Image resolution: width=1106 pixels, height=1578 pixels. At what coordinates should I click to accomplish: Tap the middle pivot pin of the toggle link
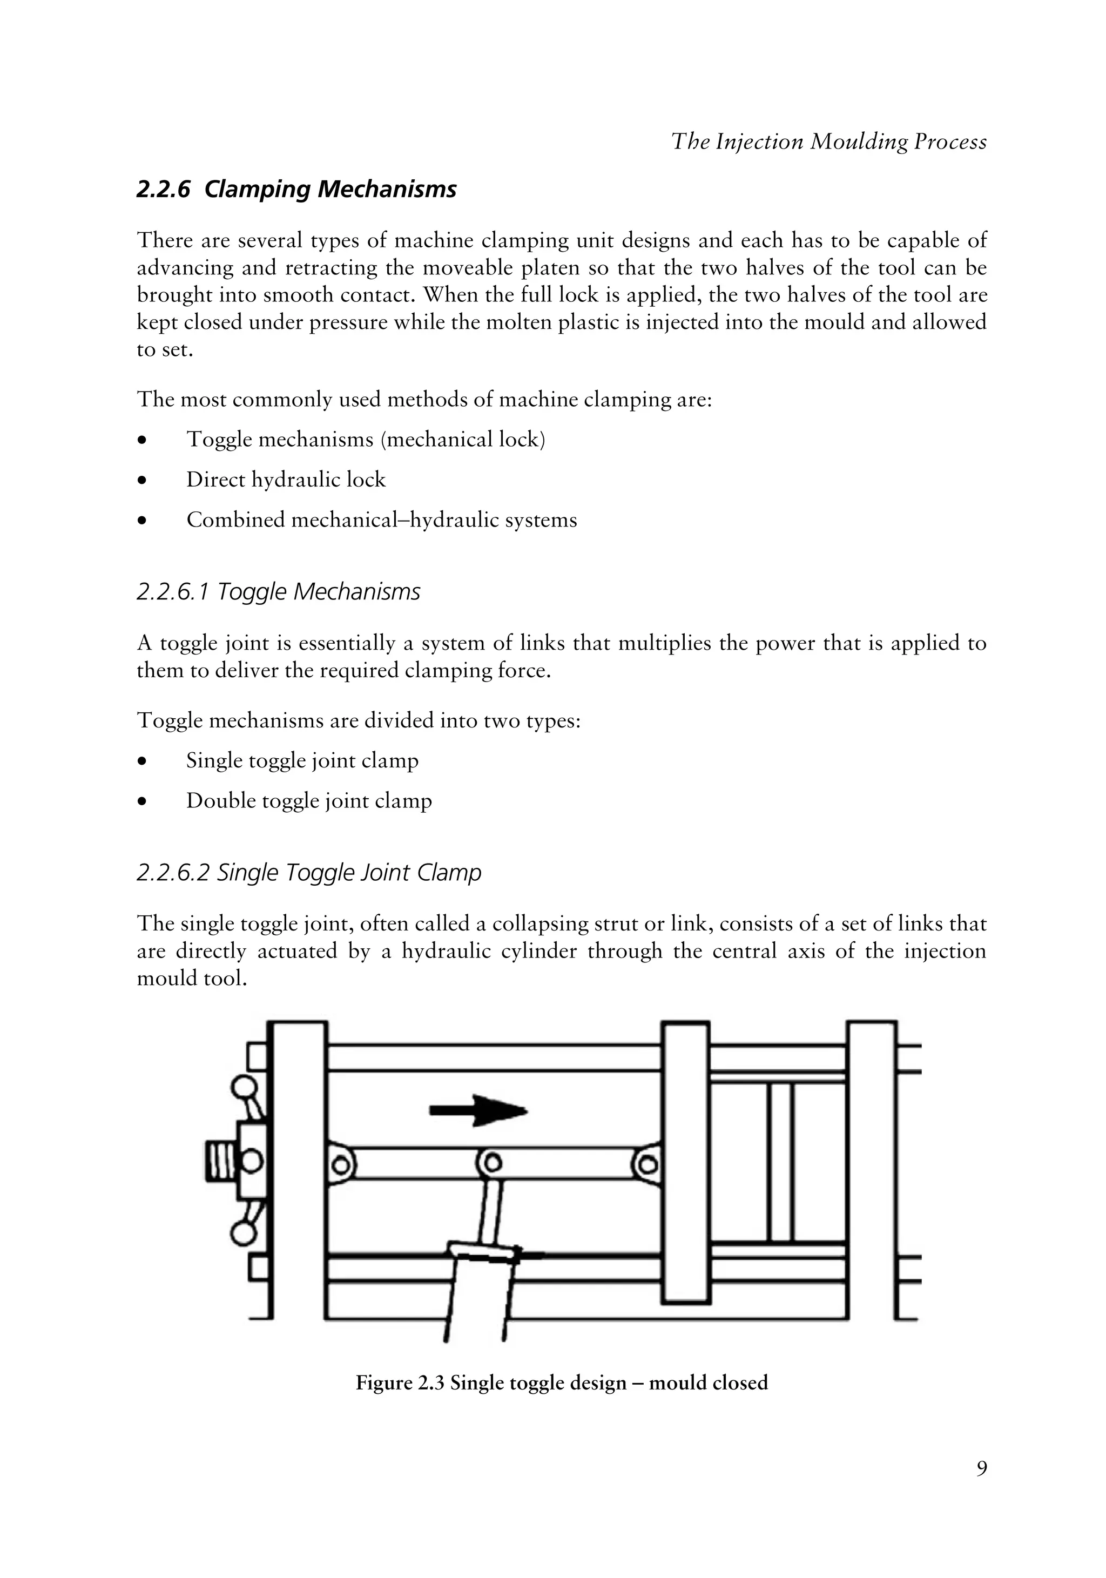click(490, 1163)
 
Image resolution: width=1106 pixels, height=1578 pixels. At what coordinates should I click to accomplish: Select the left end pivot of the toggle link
click(340, 1164)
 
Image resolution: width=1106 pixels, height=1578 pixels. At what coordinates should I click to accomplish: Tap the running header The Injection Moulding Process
click(828, 141)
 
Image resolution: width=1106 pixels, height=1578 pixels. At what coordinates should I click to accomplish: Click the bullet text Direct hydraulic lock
click(286, 479)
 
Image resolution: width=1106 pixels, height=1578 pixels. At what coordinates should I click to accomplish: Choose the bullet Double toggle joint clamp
click(309, 801)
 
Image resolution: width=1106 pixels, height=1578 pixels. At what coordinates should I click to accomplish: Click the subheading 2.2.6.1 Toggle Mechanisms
click(279, 592)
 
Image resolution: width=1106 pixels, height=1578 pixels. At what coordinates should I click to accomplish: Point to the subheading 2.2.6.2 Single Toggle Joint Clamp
click(309, 872)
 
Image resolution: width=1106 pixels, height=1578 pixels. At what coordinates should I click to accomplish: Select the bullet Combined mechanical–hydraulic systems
click(381, 520)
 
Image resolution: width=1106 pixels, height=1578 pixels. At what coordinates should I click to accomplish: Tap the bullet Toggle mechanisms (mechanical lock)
click(366, 439)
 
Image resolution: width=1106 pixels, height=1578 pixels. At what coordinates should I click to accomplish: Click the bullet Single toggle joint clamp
click(302, 761)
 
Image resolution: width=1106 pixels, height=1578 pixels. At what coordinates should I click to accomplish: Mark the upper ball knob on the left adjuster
click(244, 1088)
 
